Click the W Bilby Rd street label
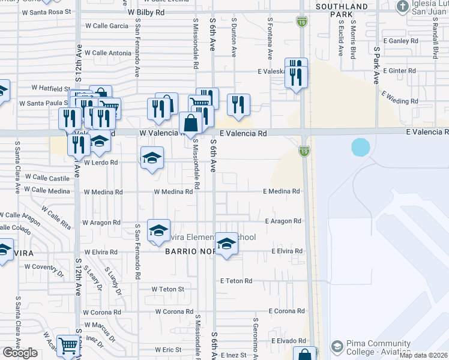click(146, 12)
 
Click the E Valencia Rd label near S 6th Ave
click(243, 134)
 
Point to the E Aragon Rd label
click(283, 221)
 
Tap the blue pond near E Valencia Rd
click(360, 147)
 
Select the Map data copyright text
click(423, 355)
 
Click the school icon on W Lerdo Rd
click(152, 158)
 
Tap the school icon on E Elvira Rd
click(226, 243)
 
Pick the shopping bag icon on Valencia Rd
click(190, 124)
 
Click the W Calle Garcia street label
click(106, 26)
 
